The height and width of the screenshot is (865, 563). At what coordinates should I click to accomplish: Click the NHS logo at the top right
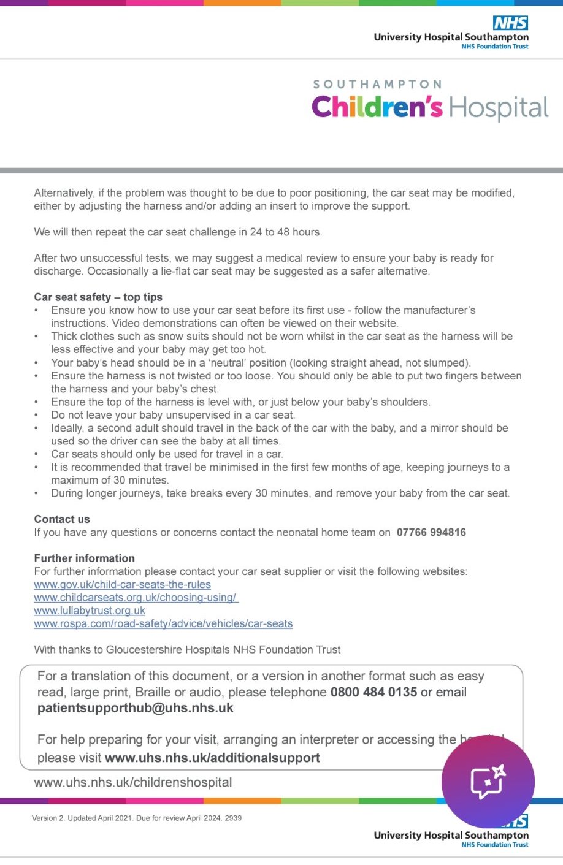pos(510,23)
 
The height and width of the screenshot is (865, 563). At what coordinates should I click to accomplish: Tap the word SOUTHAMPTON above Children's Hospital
pos(377,85)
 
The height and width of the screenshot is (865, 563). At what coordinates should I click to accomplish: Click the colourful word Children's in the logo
pos(377,107)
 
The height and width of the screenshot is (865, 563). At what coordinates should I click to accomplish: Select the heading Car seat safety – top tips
pos(98,297)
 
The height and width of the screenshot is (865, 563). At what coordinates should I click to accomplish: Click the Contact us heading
pos(62,519)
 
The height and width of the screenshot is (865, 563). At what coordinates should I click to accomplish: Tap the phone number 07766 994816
pos(431,532)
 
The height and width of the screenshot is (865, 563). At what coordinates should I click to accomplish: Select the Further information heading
pos(85,558)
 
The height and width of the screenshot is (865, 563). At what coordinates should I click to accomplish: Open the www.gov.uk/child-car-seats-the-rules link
pos(123,585)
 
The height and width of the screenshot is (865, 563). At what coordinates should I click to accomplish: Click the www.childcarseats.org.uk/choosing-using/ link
pos(136,598)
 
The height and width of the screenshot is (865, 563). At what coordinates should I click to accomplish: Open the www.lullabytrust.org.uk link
pos(90,611)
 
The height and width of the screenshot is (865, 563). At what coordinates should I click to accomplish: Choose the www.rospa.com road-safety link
pos(163,624)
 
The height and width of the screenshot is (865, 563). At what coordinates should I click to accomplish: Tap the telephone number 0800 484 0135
pos(373,692)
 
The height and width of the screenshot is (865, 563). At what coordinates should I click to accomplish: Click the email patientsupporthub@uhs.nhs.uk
pos(136,708)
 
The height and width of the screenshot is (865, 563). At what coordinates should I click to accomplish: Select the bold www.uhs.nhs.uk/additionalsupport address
pos(212,758)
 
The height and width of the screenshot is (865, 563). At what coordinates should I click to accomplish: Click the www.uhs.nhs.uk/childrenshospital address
pos(133,783)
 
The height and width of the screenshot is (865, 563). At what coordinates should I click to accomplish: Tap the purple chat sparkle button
pos(488,782)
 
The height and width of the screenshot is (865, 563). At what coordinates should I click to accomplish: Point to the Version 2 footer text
pos(137,818)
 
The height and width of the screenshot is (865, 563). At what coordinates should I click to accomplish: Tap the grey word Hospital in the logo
pos(499,109)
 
